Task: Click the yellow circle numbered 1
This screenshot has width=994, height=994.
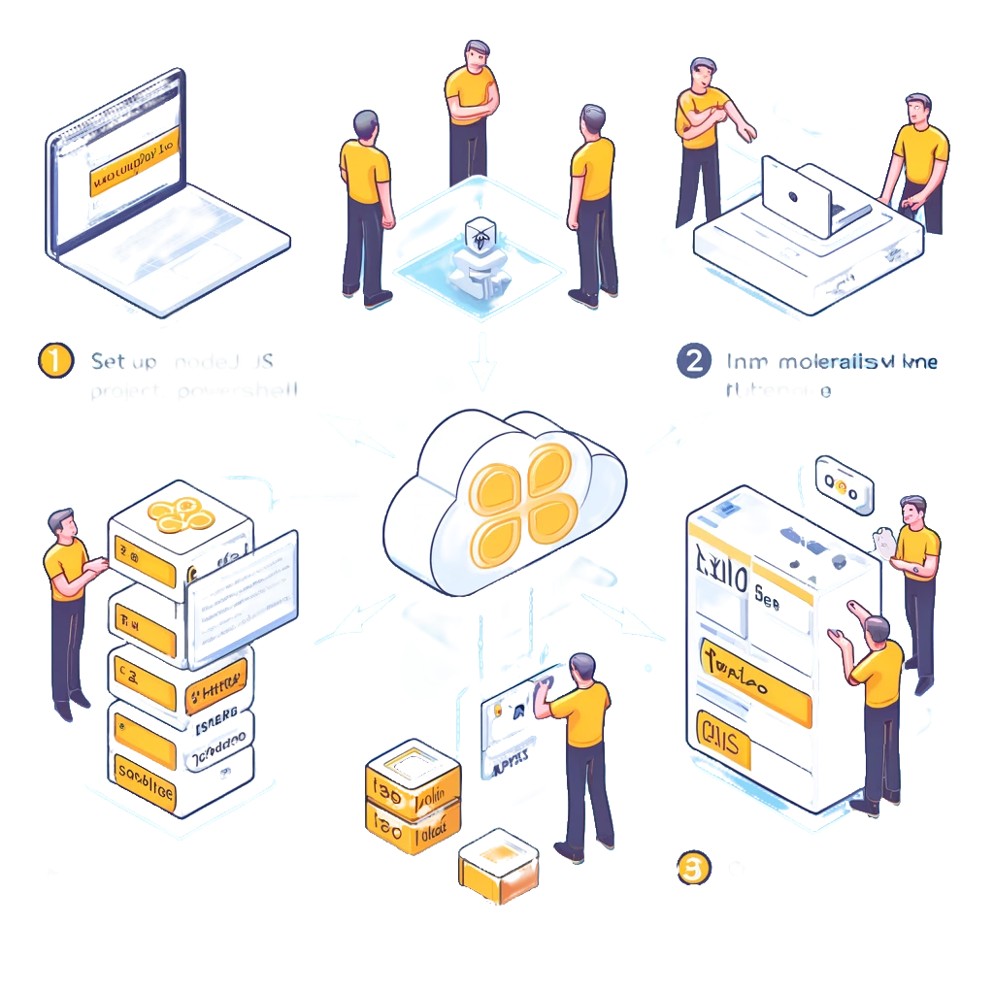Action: tap(55, 360)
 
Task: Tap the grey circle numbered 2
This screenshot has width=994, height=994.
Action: tap(693, 360)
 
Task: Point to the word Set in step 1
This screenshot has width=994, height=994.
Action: tap(111, 361)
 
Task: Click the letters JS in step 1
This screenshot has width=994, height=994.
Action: tap(262, 361)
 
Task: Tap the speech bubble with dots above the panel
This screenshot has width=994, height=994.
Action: tap(844, 481)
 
